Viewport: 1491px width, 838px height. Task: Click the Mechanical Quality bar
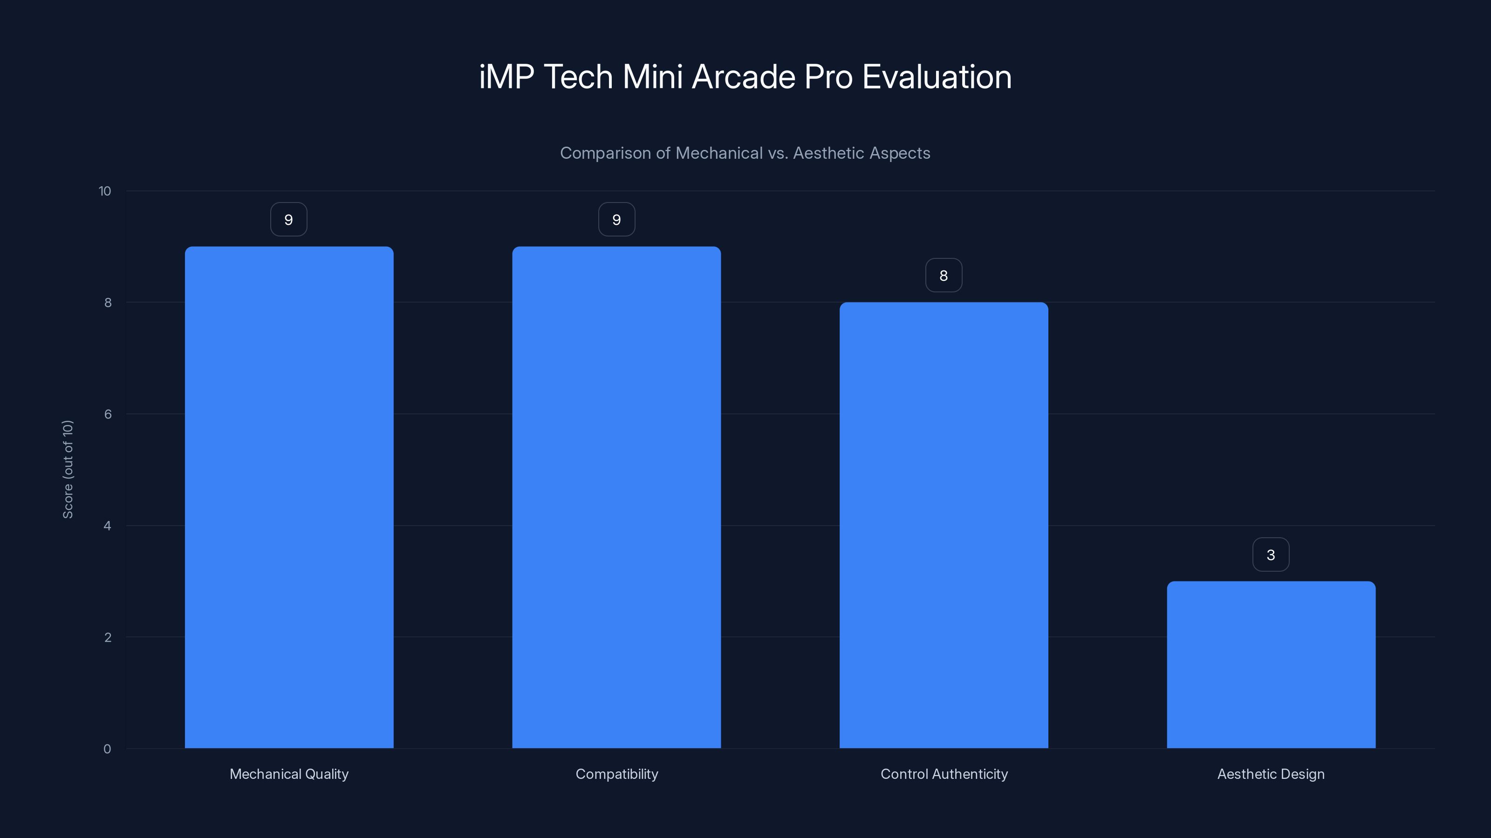pyautogui.click(x=289, y=497)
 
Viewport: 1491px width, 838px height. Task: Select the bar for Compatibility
pyautogui.click(x=616, y=497)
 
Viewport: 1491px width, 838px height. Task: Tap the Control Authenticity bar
pyautogui.click(x=944, y=525)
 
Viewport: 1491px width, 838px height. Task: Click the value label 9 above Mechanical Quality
pyautogui.click(x=289, y=220)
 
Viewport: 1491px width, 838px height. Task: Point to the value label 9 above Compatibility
pyautogui.click(x=616, y=220)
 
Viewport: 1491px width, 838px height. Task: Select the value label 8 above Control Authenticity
pyautogui.click(x=944, y=275)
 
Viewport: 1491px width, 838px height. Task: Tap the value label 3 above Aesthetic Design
pyautogui.click(x=1271, y=554)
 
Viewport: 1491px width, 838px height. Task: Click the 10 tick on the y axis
pyautogui.click(x=105, y=191)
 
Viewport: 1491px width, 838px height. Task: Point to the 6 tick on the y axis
pyautogui.click(x=108, y=414)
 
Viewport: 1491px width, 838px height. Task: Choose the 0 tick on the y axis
pyautogui.click(x=107, y=749)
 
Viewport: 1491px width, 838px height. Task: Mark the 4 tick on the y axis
pyautogui.click(x=107, y=526)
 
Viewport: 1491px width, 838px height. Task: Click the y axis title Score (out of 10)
pyautogui.click(x=68, y=469)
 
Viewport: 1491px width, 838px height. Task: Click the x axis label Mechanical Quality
pyautogui.click(x=289, y=774)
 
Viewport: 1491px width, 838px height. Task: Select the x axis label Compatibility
pyautogui.click(x=616, y=774)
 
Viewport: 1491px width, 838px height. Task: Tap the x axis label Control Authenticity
pyautogui.click(x=944, y=774)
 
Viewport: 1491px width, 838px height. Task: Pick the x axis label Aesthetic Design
pyautogui.click(x=1271, y=774)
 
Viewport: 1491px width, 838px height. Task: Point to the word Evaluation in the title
pyautogui.click(x=937, y=77)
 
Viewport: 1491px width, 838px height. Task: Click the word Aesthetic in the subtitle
pyautogui.click(x=828, y=153)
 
